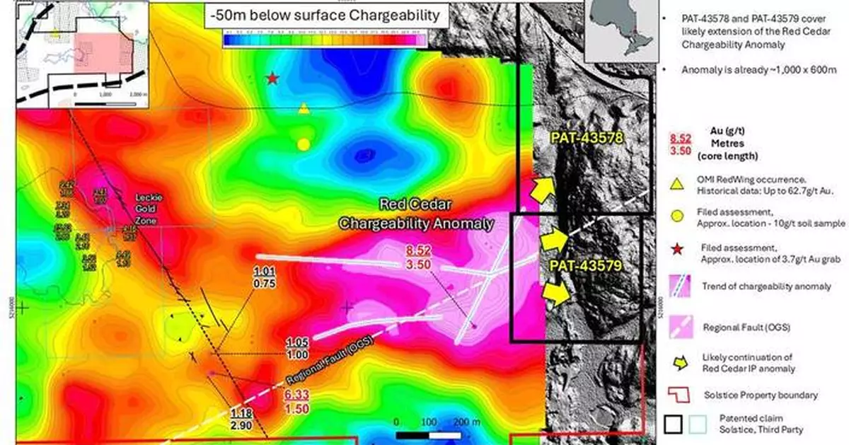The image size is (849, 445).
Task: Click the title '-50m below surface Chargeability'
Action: pos(322,15)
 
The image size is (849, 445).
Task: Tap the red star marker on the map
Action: pos(272,78)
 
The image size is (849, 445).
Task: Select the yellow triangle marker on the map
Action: pos(304,108)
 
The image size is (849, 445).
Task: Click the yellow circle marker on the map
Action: pos(304,144)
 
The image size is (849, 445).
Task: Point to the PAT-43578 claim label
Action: pos(584,138)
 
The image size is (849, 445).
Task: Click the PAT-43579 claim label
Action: pos(584,266)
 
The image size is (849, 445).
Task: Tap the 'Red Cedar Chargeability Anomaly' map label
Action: pos(415,214)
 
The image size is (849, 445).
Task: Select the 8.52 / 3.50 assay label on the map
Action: pos(417,257)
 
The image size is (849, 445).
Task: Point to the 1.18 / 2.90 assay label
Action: pos(243,417)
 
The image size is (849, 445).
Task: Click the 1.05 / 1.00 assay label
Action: pos(297,348)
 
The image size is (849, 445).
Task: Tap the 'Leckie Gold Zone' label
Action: pos(149,204)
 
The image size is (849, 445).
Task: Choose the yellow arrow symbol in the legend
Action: pos(678,364)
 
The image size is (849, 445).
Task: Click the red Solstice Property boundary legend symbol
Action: pos(678,394)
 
